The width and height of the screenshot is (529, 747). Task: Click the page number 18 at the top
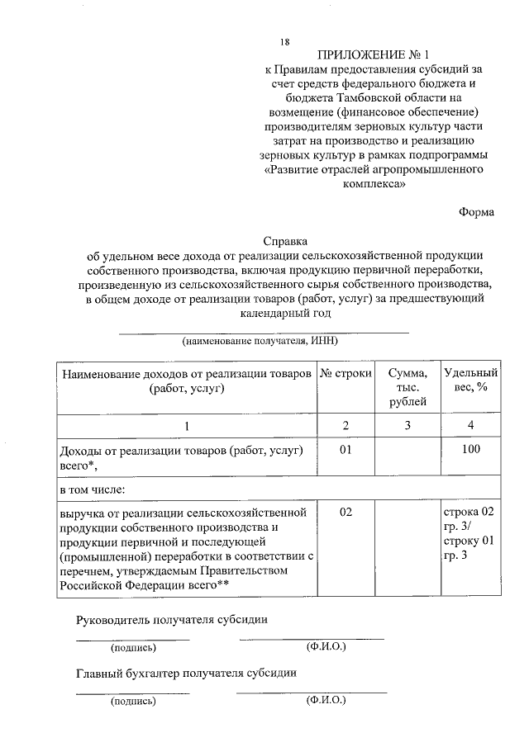click(284, 42)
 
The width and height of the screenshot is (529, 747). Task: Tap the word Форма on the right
click(476, 211)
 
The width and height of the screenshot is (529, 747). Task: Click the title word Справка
click(285, 242)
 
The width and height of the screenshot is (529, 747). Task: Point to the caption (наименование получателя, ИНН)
click(261, 340)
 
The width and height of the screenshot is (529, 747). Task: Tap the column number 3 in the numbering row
click(407, 425)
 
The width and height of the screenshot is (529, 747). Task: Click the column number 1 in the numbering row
click(186, 425)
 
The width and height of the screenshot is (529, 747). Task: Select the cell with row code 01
click(346, 450)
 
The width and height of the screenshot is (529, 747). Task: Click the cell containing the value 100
click(469, 450)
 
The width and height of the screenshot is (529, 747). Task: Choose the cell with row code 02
click(346, 512)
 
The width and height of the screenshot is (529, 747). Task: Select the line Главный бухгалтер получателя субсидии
click(186, 673)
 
